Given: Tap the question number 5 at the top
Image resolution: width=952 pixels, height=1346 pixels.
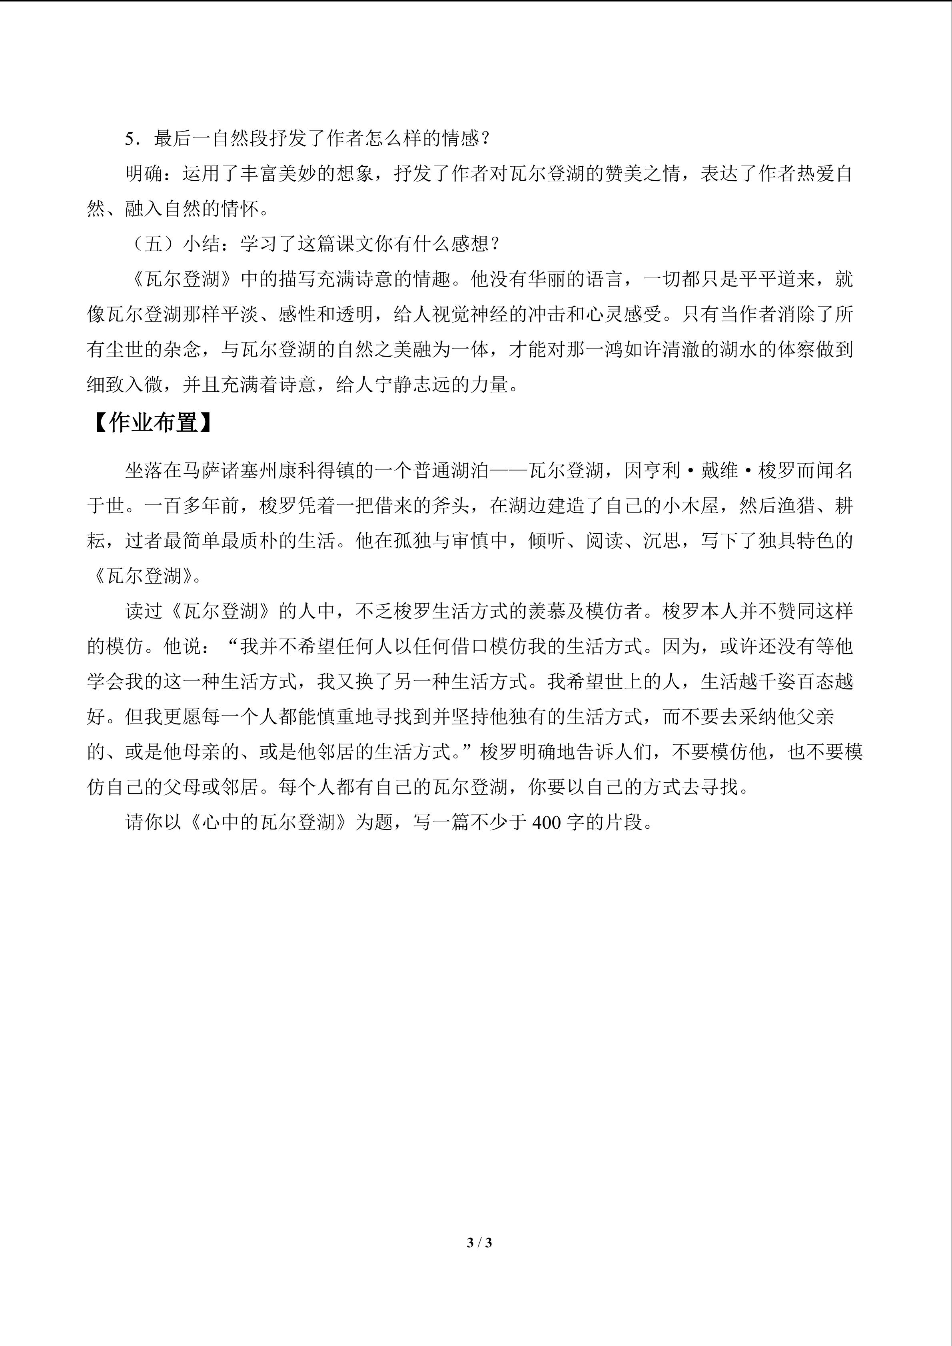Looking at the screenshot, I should click(x=130, y=139).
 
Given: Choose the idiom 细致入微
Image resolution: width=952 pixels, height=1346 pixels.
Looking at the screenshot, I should click(x=125, y=385).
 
